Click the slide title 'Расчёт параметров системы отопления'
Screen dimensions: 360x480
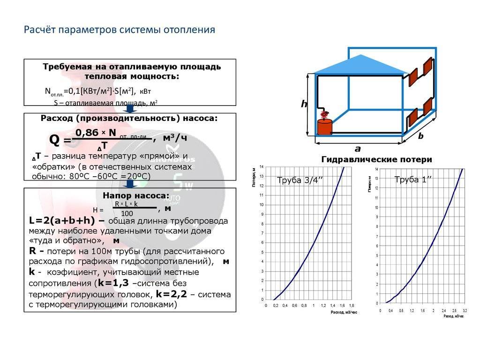click(120, 30)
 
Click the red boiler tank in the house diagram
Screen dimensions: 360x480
click(324, 127)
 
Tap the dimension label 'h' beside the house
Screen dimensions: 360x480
click(304, 105)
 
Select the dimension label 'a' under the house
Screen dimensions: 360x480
click(357, 149)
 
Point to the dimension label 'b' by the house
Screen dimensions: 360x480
click(420, 136)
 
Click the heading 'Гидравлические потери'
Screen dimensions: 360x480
click(376, 160)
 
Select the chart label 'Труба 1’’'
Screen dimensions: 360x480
click(413, 180)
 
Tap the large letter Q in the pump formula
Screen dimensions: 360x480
click(54, 140)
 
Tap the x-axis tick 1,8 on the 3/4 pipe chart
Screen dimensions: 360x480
click(352, 306)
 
